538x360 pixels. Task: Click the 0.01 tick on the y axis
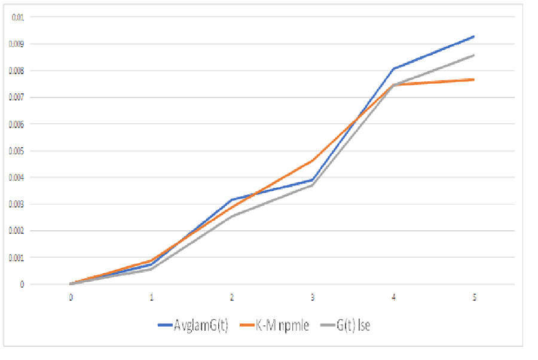pos(18,17)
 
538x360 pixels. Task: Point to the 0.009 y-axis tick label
pos(17,44)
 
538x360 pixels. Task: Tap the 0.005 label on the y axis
pos(17,151)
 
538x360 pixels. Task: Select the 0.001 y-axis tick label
pos(17,258)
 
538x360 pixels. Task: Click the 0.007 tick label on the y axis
pos(17,97)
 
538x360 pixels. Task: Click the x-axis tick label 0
pos(71,297)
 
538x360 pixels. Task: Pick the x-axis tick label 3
pos(313,297)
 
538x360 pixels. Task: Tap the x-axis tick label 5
pos(474,297)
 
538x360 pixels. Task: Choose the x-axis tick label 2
pos(232,297)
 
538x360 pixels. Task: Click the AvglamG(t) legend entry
pos(193,325)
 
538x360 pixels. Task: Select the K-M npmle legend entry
pos(275,325)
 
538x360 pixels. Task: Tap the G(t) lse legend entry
pos(349,325)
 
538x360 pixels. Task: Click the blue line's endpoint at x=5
pos(474,36)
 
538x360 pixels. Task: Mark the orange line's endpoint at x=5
pos(474,80)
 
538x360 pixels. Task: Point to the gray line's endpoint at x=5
pos(474,55)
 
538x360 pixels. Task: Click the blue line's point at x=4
pos(393,69)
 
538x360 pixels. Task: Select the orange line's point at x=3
pos(313,161)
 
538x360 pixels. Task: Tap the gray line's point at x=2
pos(232,216)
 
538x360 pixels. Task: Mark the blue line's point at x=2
pos(232,200)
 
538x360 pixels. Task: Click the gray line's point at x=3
pos(313,185)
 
